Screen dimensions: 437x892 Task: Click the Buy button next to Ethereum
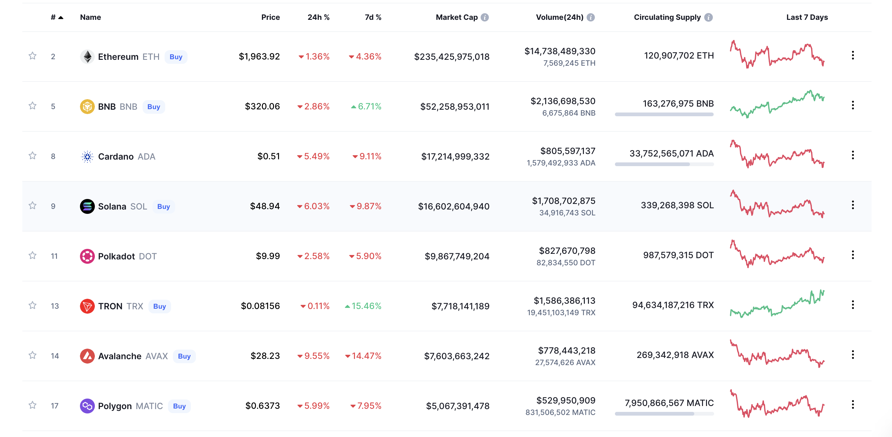click(x=176, y=57)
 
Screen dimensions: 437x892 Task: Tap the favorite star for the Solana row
click(x=33, y=206)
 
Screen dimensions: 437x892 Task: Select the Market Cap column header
click(x=457, y=17)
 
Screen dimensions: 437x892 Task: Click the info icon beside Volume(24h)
click(x=591, y=17)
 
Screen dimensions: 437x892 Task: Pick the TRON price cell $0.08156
click(x=260, y=306)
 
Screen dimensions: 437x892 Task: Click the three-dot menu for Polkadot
click(x=853, y=255)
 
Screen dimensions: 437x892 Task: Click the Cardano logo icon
click(x=87, y=157)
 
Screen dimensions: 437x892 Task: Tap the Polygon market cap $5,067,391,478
click(x=457, y=406)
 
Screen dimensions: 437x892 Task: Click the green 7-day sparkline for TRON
click(x=777, y=305)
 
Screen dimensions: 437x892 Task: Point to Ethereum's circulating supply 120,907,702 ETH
click(x=679, y=55)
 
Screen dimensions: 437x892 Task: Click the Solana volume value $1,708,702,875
click(x=563, y=201)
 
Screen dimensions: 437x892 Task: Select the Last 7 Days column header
click(x=807, y=17)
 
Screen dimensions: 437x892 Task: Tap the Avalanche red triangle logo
click(x=87, y=356)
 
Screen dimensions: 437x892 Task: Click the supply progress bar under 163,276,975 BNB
click(x=664, y=114)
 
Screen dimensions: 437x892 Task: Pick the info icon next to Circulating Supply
click(x=709, y=17)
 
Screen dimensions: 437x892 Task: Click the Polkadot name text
click(x=116, y=256)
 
